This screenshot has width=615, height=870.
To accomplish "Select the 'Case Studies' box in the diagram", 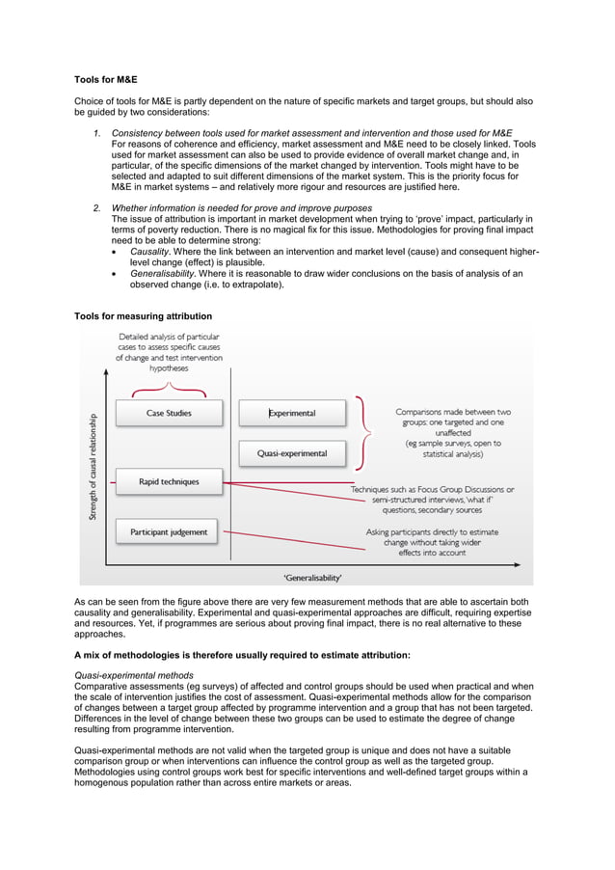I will pyautogui.click(x=169, y=413).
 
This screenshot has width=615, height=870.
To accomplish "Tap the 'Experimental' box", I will pyautogui.click(x=292, y=413).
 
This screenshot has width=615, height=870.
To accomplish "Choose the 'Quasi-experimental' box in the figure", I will pyautogui.click(x=292, y=452).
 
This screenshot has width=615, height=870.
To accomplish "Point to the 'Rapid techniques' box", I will pyautogui.click(x=169, y=481).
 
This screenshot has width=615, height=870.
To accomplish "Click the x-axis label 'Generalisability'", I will pyautogui.click(x=312, y=577).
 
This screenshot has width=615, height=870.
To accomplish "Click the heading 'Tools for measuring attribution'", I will pyautogui.click(x=143, y=316).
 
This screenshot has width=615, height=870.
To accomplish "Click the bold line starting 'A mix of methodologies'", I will pyautogui.click(x=242, y=655).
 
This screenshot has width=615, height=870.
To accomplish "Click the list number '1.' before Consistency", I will pyautogui.click(x=97, y=133).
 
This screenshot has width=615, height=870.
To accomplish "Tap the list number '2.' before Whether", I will pyautogui.click(x=97, y=208).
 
